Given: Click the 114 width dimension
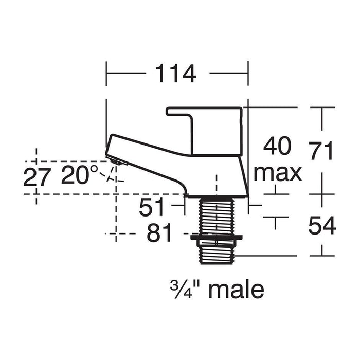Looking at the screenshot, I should coord(176,74).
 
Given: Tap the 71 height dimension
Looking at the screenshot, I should coord(322,151).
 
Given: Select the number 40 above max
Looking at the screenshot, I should coord(278,147).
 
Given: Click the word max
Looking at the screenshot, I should coord(278,173).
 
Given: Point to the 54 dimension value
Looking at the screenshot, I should coord(322,226).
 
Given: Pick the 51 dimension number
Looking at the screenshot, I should coord(153,208).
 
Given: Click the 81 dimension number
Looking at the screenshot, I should coord(159,234).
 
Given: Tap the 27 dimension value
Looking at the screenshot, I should coord(37,177).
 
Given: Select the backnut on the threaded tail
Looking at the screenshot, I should coord(216,238).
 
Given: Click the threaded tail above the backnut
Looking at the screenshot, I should coord(216,216).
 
